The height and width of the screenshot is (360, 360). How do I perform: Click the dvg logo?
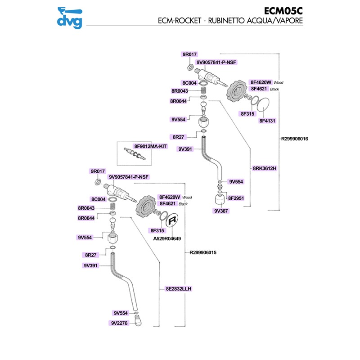tap(69, 18)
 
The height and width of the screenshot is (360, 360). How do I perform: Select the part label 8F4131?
tap(267, 121)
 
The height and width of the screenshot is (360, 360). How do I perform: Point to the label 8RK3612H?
tap(265, 168)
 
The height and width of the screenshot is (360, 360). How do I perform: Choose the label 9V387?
tap(221, 211)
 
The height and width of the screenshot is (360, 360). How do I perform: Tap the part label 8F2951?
tap(236, 198)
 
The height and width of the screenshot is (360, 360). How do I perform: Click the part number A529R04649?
tap(167, 238)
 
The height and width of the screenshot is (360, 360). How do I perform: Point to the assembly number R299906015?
tap(203, 252)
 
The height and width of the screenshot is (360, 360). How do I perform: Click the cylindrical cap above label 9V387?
tap(220, 198)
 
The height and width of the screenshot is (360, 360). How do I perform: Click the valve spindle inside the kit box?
tap(135, 153)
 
